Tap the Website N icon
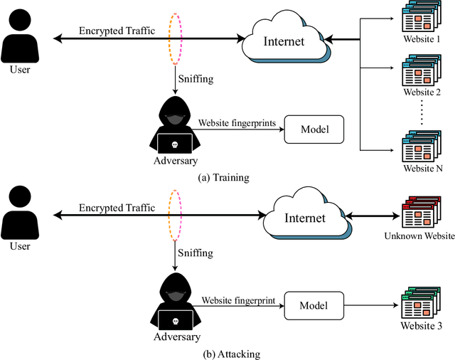point(419,147)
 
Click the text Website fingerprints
point(236,123)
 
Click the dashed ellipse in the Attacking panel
point(175,213)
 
